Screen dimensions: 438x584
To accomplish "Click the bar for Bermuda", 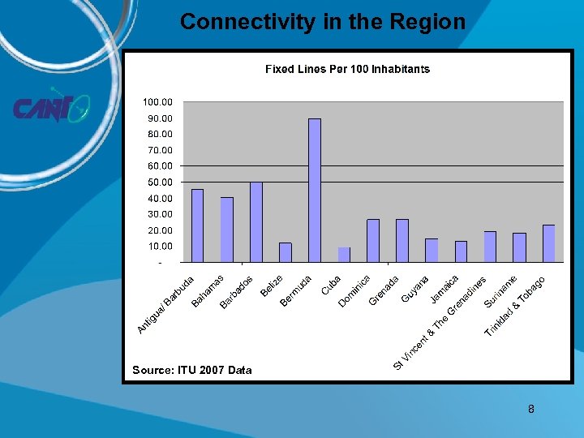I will pos(315,191).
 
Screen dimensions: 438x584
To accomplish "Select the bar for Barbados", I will pos(256,222).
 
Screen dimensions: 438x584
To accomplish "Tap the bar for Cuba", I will pos(344,255).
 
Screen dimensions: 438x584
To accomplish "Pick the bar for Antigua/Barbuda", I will pos(197,225).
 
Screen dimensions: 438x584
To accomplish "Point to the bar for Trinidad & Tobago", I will pos(548,243).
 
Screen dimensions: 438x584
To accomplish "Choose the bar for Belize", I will pos(286,252).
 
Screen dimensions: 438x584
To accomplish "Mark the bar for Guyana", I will pos(432,251).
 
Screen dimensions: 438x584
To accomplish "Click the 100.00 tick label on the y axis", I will pos(158,102).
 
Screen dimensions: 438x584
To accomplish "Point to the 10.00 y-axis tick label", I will pos(161,247).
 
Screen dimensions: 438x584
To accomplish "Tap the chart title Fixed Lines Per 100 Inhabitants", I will pos(347,69).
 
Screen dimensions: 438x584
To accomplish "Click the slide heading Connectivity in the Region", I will pos(323,22).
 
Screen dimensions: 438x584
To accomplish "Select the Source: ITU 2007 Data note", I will pos(192,370).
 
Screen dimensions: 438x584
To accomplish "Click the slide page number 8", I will pos(531,409).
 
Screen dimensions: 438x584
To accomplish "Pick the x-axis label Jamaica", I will pos(445,289).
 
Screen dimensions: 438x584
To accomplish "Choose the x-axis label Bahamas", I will pos(208,291).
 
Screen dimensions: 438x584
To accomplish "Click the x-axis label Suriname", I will pos(501,292).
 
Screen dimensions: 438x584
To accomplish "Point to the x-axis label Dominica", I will pos(354,291).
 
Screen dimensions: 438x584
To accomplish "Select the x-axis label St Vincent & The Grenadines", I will pos(440,324).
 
